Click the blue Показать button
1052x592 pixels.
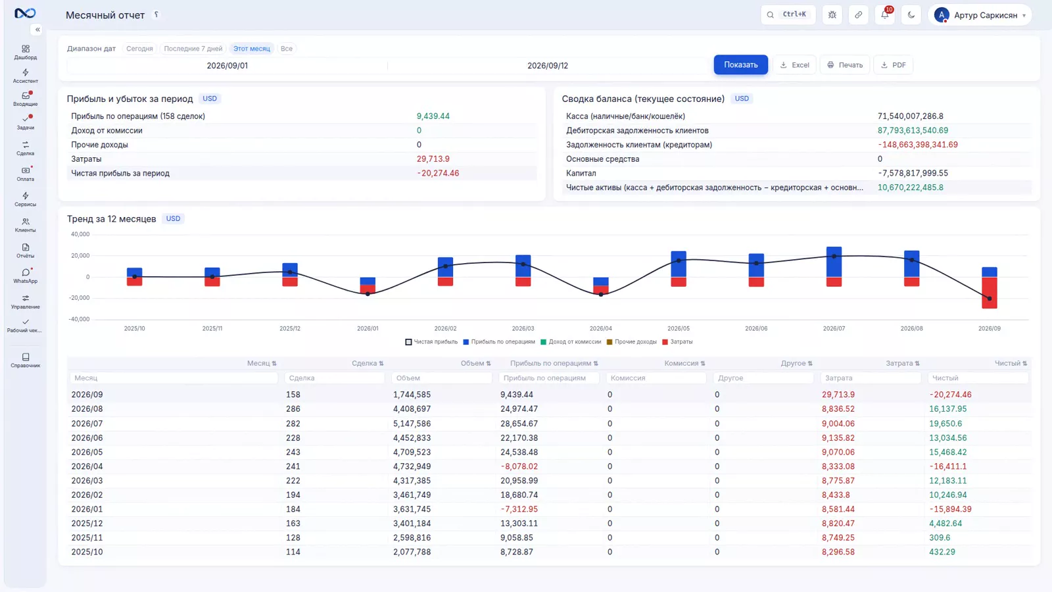click(740, 65)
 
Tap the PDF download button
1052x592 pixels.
click(894, 65)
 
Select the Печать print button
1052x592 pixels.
click(845, 65)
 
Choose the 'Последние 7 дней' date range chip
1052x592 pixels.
click(193, 49)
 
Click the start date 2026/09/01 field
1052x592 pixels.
click(227, 66)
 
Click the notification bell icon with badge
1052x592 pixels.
click(885, 14)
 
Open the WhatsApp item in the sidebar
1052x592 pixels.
click(26, 276)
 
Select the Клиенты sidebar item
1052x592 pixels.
click(26, 224)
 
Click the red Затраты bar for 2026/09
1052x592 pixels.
click(990, 293)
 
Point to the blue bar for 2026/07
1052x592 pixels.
click(834, 262)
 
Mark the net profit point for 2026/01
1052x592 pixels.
click(368, 294)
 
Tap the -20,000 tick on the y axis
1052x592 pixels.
click(79, 298)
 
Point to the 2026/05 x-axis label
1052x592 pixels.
click(679, 328)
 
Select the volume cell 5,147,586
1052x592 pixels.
click(412, 424)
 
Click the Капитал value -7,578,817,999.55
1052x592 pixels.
click(913, 174)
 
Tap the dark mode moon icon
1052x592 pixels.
click(911, 14)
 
